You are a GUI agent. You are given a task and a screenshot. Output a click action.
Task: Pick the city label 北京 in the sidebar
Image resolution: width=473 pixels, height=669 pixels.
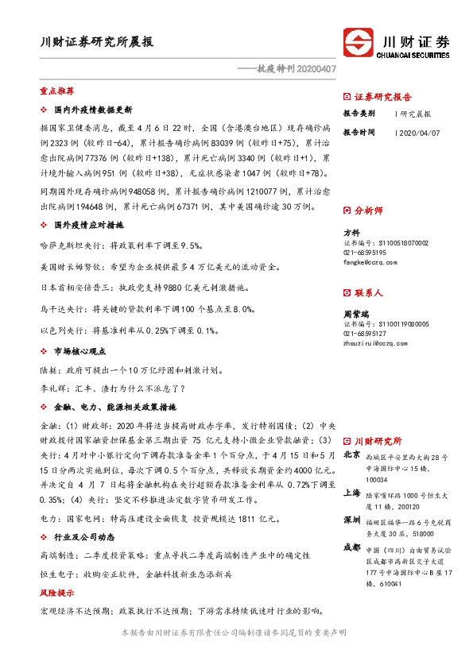pos(351,455)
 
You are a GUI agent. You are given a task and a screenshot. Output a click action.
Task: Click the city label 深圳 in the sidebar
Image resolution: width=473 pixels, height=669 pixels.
pos(351,519)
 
